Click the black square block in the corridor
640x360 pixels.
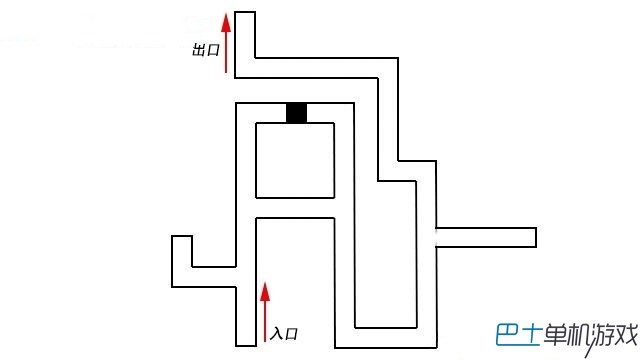pos(296,113)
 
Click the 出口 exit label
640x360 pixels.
pos(206,50)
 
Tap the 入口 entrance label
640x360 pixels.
pos(284,334)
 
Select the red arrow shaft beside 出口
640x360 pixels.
pos(226,52)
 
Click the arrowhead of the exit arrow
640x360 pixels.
pos(226,22)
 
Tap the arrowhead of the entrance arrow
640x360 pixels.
pos(265,291)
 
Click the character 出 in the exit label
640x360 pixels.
pos(199,50)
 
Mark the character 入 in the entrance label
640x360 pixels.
pos(276,334)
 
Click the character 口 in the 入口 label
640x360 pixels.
pos(291,334)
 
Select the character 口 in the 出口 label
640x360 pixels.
pos(213,51)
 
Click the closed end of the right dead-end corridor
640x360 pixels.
pos(536,237)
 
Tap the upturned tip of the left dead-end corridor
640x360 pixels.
pos(182,236)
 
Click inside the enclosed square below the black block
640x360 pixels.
pos(295,160)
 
